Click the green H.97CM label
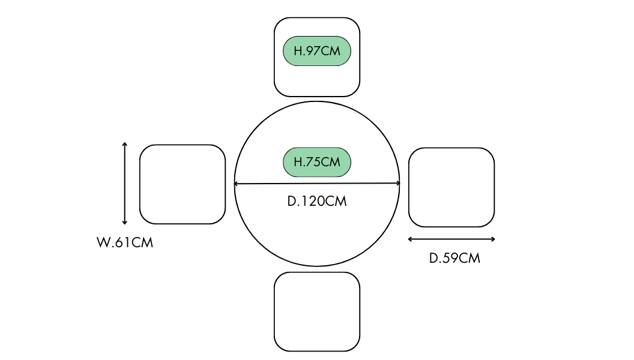(x=317, y=51)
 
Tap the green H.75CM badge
(x=317, y=162)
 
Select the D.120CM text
(x=317, y=201)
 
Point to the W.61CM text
(x=125, y=243)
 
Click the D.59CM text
(x=454, y=259)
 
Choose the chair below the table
(x=317, y=311)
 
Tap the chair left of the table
(x=183, y=184)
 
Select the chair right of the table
(x=451, y=187)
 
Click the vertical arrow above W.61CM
(x=125, y=183)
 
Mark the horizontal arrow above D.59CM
(x=451, y=239)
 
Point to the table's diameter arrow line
(x=317, y=184)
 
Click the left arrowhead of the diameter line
(x=237, y=184)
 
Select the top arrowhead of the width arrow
(x=125, y=144)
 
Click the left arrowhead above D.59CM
(x=410, y=239)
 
